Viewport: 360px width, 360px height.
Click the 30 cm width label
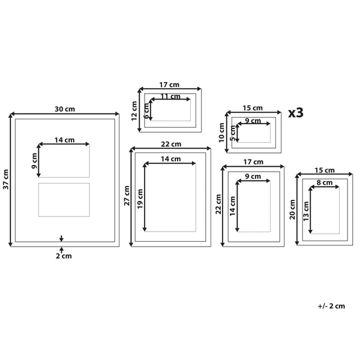tap(65, 109)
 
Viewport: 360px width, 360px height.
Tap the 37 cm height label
tap(6, 179)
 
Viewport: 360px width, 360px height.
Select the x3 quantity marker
tap(296, 113)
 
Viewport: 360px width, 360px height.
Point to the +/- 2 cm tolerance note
tap(331, 306)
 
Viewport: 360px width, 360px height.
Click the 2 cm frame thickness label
tap(64, 256)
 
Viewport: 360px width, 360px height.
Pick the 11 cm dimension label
tap(170, 97)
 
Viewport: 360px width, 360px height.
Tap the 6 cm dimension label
tap(146, 111)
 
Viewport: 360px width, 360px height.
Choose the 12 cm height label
tap(134, 111)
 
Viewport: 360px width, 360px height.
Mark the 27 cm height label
tap(127, 196)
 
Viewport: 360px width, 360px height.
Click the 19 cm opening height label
tap(140, 199)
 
